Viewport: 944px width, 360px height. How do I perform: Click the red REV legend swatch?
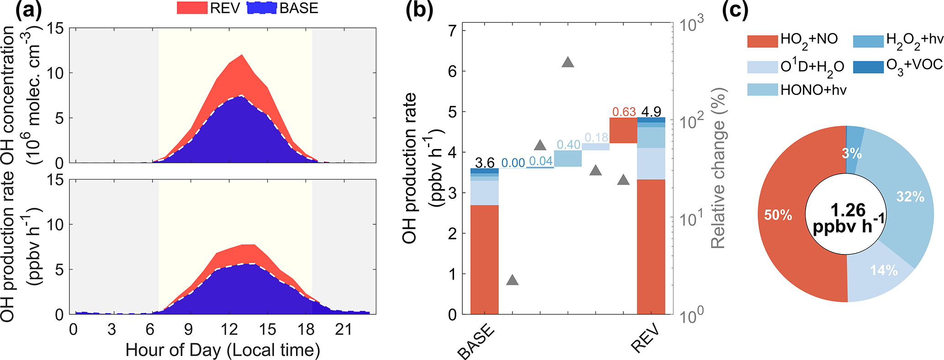pyautogui.click(x=192, y=8)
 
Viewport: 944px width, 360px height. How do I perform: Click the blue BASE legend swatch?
pyautogui.click(x=262, y=8)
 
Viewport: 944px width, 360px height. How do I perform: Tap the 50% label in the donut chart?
pyautogui.click(x=778, y=215)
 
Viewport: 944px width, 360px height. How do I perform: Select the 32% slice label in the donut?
pyautogui.click(x=910, y=197)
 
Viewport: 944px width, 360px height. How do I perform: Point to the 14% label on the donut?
pyautogui.click(x=883, y=270)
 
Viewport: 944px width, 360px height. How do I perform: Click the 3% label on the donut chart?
pyautogui.click(x=852, y=154)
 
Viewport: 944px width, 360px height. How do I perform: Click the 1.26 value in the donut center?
pyautogui.click(x=848, y=210)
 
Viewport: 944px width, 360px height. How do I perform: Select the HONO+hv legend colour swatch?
pyautogui.click(x=762, y=90)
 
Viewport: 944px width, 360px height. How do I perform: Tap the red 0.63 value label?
pyautogui.click(x=624, y=112)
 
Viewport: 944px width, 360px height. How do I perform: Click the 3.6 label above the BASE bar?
pyautogui.click(x=485, y=163)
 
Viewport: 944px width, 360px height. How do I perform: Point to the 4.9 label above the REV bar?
pyautogui.click(x=651, y=112)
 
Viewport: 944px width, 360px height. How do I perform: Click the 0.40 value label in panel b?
pyautogui.click(x=568, y=145)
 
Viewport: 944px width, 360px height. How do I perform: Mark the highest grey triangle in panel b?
pyautogui.click(x=568, y=75)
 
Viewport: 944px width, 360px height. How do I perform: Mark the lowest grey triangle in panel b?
pyautogui.click(x=512, y=281)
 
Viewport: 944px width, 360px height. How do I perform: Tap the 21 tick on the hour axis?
pyautogui.click(x=343, y=329)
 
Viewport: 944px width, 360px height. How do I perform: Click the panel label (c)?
pyautogui.click(x=735, y=10)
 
